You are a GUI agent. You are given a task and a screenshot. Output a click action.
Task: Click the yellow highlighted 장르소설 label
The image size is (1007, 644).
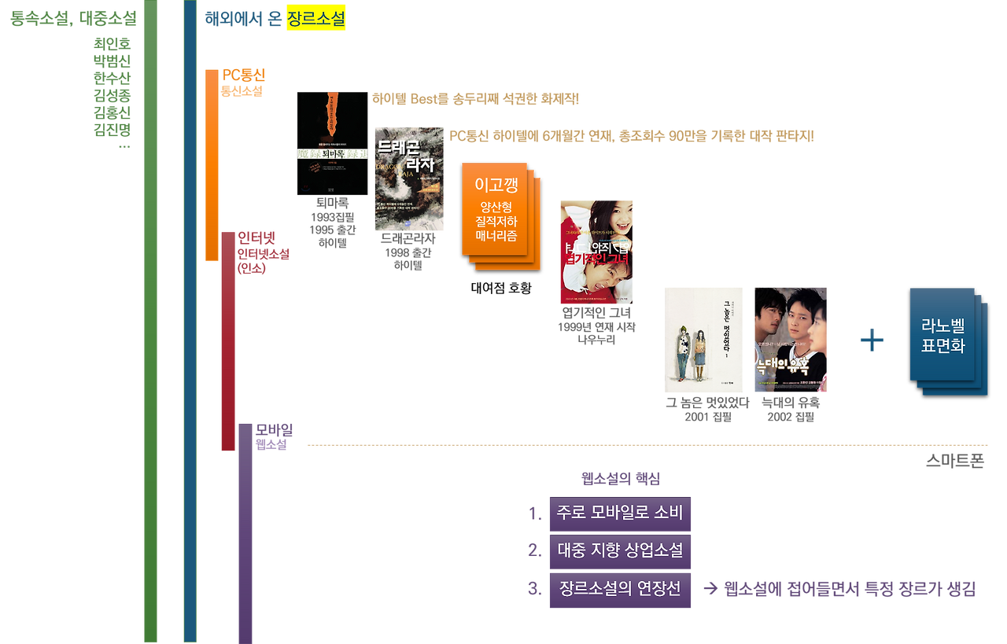click(x=315, y=18)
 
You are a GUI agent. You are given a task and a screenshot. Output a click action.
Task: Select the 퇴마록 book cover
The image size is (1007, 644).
click(x=332, y=143)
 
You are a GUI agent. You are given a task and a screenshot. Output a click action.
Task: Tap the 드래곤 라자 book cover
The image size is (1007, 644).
click(x=409, y=179)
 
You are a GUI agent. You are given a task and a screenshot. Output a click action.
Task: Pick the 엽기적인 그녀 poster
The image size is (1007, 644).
click(x=596, y=252)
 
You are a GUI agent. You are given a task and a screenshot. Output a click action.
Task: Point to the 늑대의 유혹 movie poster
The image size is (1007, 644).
click(x=790, y=340)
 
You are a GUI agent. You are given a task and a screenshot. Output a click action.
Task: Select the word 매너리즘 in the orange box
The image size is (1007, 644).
click(x=496, y=234)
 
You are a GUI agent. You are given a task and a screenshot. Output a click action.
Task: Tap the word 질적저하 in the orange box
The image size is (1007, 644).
click(x=496, y=221)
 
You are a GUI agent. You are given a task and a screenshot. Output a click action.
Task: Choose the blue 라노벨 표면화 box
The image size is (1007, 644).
click(x=942, y=334)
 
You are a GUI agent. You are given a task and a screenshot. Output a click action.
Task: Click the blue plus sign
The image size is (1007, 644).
click(x=871, y=340)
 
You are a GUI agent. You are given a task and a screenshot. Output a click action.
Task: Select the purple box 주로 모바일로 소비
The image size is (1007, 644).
click(x=620, y=514)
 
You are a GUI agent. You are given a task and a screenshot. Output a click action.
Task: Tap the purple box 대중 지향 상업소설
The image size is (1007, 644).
click(x=620, y=551)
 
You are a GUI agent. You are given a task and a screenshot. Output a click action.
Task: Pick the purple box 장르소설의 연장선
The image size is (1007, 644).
click(x=620, y=588)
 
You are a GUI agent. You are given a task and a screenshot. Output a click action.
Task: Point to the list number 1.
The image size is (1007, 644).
click(x=535, y=514)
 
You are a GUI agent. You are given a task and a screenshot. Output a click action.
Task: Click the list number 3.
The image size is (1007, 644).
click(x=535, y=588)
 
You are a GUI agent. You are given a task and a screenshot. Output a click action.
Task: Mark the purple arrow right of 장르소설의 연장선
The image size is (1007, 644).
click(x=710, y=589)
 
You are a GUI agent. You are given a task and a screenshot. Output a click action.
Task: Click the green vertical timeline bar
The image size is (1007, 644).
click(x=150, y=322)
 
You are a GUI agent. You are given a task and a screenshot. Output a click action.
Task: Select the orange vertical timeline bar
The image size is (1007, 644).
click(x=211, y=165)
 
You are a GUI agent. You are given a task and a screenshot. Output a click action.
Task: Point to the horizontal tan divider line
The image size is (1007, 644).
click(x=645, y=445)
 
